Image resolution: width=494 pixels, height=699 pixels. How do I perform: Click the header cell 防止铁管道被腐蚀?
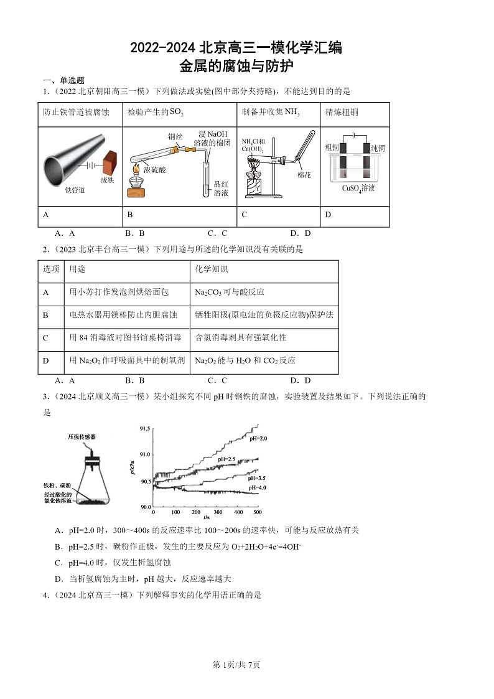click(76, 113)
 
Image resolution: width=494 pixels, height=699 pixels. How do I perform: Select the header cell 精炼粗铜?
click(342, 113)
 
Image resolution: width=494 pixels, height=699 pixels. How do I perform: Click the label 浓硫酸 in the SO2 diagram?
click(154, 169)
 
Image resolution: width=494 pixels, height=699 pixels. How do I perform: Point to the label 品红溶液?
click(221, 189)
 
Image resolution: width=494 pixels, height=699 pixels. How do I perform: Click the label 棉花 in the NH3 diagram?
click(304, 175)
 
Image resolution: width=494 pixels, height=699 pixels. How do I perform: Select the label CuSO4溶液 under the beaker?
click(358, 188)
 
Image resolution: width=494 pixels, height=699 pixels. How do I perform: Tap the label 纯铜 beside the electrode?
click(378, 148)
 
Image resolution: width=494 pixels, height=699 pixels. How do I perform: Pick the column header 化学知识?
click(211, 270)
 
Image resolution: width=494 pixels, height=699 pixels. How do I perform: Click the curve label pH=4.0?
click(256, 488)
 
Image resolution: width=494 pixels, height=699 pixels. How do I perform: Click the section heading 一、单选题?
click(63, 81)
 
